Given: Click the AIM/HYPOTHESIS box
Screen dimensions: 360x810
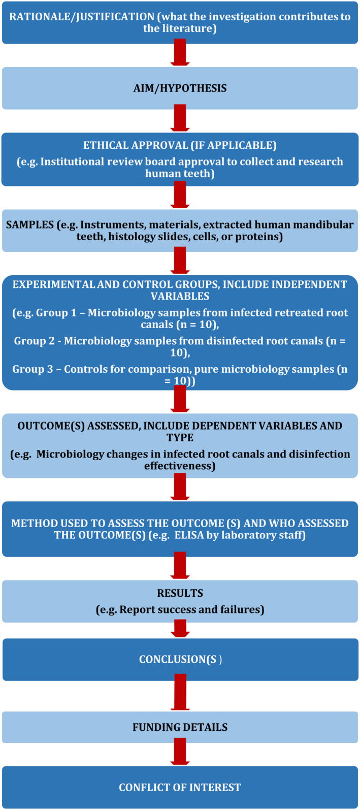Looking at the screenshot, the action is (180, 88).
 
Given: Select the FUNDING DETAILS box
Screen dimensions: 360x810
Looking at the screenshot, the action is (180, 727).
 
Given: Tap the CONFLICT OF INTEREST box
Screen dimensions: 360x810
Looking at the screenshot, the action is (180, 788).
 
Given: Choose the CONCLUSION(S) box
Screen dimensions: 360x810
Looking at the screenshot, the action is (180, 660).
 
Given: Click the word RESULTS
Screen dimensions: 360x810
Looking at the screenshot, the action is (180, 593).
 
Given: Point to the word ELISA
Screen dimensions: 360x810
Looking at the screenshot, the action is (189, 535).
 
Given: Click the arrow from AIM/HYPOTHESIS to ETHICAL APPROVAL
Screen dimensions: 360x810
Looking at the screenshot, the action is (180, 118).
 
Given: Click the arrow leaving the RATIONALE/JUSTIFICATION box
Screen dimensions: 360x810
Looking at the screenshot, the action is (180, 52).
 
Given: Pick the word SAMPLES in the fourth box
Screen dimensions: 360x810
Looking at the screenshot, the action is (30, 224).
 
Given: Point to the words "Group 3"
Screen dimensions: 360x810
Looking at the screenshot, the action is (33, 369).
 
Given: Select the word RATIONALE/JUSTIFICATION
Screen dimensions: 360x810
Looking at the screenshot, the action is (82, 17).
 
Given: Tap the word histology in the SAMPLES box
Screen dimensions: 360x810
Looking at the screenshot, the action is (132, 237).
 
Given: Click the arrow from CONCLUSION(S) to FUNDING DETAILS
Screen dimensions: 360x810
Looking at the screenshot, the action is (180, 692).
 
